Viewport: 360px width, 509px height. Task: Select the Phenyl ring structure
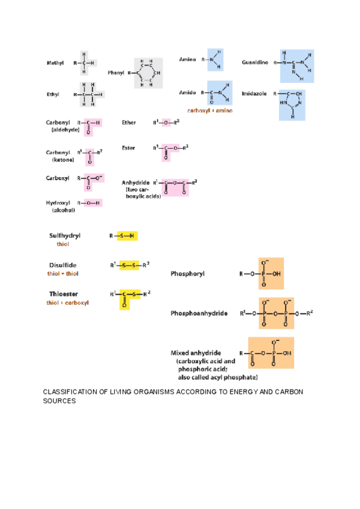point(148,73)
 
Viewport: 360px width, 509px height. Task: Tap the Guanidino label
point(255,62)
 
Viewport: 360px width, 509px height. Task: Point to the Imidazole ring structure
point(292,104)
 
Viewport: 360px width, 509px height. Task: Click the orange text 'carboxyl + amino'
point(209,111)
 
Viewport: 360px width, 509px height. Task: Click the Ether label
point(128,122)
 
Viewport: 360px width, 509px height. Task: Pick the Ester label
point(128,147)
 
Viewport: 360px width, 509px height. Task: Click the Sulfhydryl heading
point(65,236)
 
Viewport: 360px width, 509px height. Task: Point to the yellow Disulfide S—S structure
point(129,265)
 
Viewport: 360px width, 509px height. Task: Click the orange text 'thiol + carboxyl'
point(68,303)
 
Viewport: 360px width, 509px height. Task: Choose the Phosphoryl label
point(187,274)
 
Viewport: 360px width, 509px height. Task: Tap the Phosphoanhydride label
point(199,313)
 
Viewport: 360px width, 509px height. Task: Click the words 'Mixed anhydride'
point(196,352)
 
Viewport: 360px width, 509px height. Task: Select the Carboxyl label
point(58,178)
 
